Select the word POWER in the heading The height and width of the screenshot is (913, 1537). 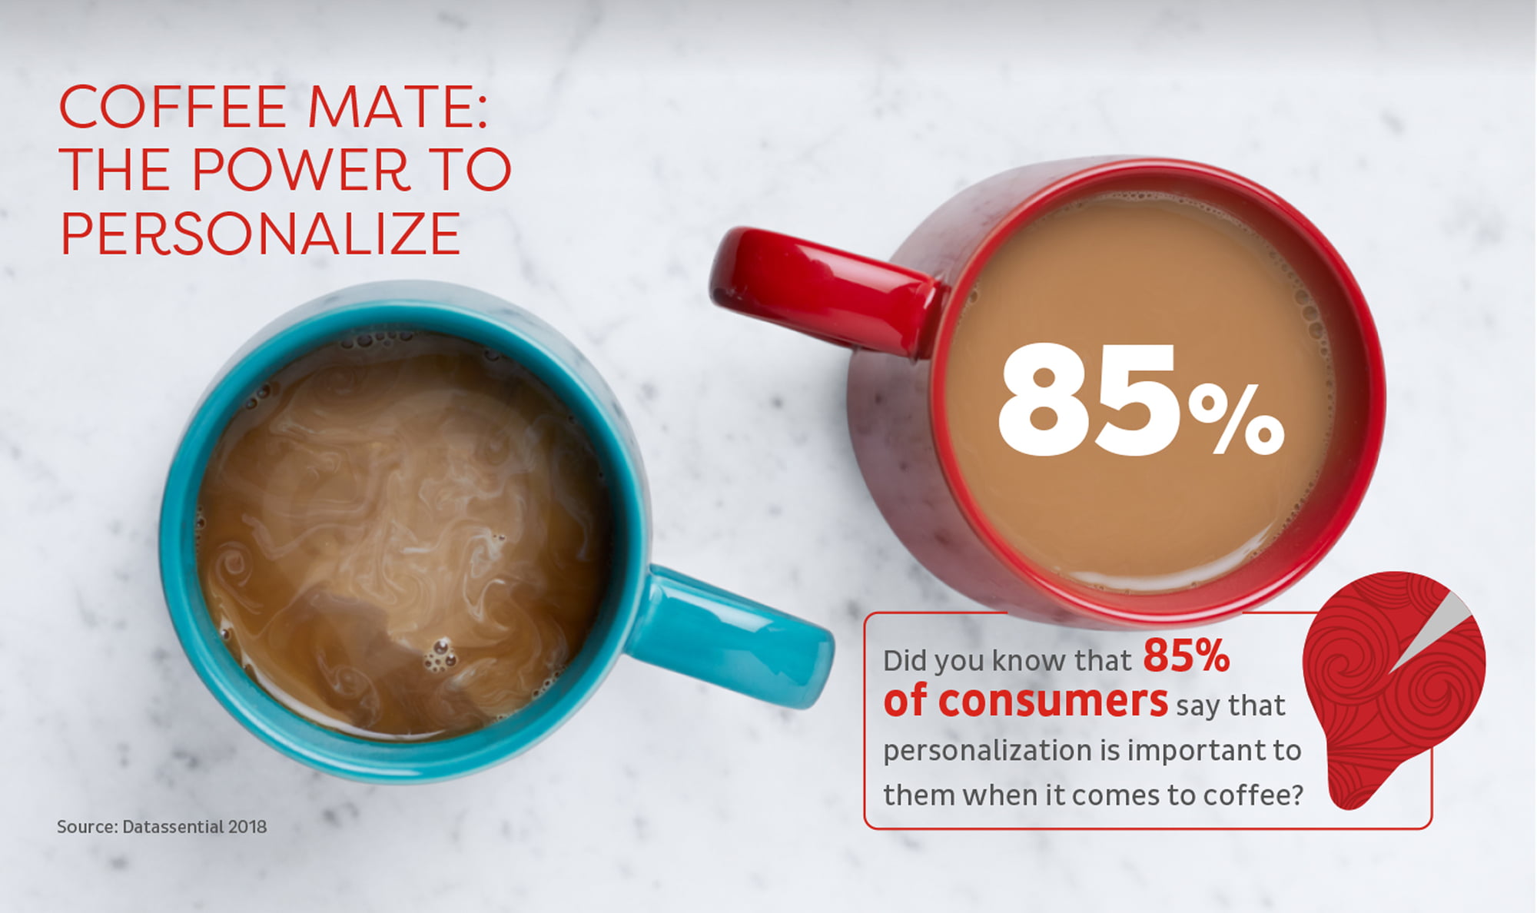pyautogui.click(x=300, y=170)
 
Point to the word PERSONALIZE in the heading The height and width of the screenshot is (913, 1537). pyautogui.click(x=261, y=234)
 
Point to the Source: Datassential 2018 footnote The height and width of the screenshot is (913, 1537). pyautogui.click(x=162, y=827)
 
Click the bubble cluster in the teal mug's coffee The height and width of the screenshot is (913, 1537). pyautogui.click(x=440, y=655)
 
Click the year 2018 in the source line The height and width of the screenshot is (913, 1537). pyautogui.click(x=247, y=827)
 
